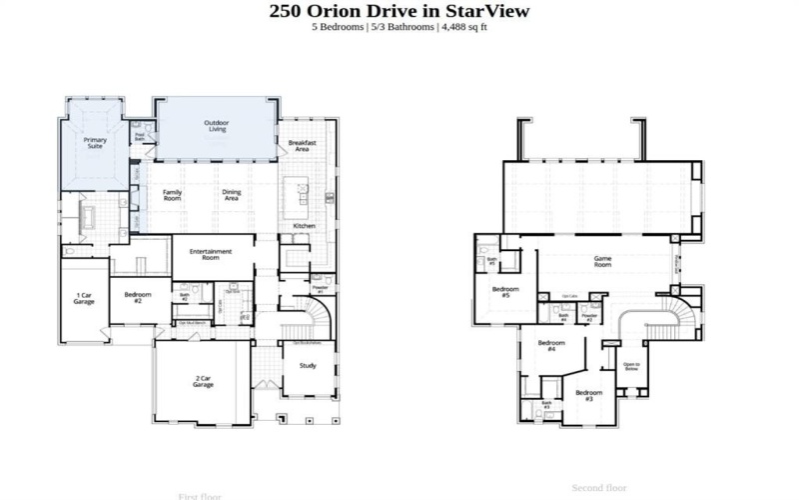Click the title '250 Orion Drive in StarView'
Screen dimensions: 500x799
[399, 11]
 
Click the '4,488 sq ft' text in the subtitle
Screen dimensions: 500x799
[463, 27]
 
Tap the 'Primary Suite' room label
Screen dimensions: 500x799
[95, 143]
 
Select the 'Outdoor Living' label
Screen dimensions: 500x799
[216, 126]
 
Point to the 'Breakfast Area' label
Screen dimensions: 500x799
[302, 146]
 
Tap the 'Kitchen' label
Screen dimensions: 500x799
[304, 226]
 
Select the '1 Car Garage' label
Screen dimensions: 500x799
[85, 299]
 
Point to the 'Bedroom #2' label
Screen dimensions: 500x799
[138, 297]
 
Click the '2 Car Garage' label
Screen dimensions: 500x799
[204, 381]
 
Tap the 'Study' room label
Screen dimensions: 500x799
[308, 366]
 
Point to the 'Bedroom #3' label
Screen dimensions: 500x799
[588, 396]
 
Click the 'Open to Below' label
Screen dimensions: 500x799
[631, 366]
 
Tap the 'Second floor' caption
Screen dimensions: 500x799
[599, 488]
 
